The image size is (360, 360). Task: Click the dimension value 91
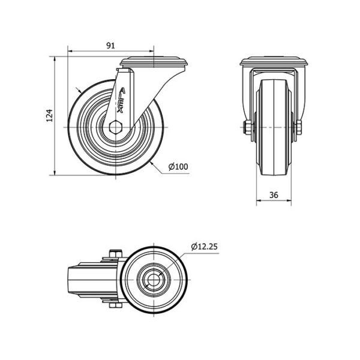[x=110, y=46]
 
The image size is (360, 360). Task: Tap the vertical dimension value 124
[x=50, y=115]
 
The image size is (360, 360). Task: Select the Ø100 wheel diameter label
[x=178, y=166]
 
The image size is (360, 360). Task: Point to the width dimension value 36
[x=274, y=195]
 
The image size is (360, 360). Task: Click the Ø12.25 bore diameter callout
[x=204, y=247]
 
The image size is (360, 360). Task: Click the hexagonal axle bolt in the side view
[x=116, y=127]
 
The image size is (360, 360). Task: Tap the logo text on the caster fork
[x=121, y=100]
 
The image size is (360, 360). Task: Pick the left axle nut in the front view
[x=248, y=127]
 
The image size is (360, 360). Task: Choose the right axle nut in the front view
[x=299, y=127]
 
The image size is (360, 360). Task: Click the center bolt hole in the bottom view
[x=154, y=280]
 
